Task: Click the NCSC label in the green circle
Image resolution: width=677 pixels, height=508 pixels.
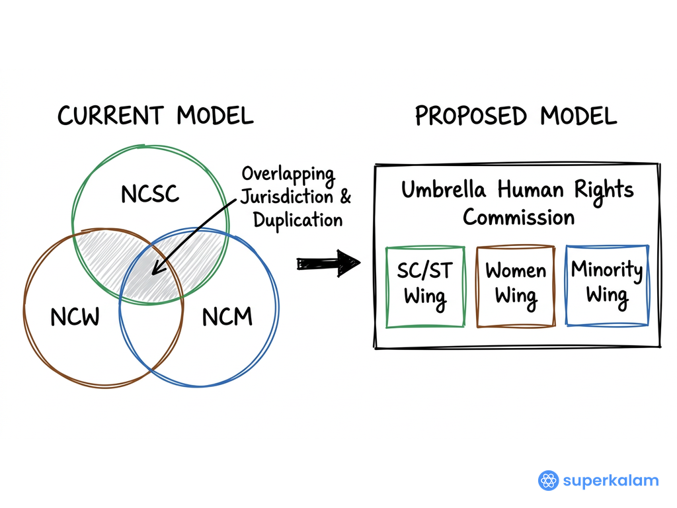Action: click(150, 194)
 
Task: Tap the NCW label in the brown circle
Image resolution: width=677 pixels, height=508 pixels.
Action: click(75, 317)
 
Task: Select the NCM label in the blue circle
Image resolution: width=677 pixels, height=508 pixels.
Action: click(227, 317)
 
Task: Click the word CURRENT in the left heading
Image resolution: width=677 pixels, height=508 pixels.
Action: click(110, 116)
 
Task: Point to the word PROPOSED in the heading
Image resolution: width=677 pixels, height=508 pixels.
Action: click(471, 116)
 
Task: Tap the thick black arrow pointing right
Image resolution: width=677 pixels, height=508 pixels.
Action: click(328, 263)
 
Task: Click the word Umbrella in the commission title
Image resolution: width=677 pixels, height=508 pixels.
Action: click(444, 190)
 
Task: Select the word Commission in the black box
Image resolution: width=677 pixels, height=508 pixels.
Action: click(518, 217)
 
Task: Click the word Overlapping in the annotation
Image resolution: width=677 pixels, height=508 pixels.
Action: click(288, 175)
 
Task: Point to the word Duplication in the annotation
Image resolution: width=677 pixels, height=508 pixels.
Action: click(298, 220)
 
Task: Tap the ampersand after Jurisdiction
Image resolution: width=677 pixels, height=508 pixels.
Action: click(345, 196)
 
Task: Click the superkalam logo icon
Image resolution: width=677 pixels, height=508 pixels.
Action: click(548, 480)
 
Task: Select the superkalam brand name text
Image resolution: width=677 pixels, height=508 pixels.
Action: click(611, 480)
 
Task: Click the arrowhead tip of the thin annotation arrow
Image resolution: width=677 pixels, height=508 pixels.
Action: click(152, 274)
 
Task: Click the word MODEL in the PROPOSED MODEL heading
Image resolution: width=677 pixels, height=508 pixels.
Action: click(578, 116)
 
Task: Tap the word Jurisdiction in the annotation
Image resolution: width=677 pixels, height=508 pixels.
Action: click(287, 197)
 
